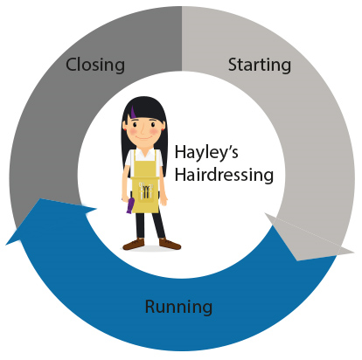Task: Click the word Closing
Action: pyautogui.click(x=95, y=65)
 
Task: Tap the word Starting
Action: pyautogui.click(x=260, y=65)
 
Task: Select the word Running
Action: pyautogui.click(x=178, y=307)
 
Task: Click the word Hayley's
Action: pyautogui.click(x=206, y=152)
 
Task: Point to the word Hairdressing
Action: pyautogui.click(x=224, y=175)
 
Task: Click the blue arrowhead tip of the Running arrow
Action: pyautogui.click(x=6, y=244)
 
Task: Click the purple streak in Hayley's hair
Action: pyautogui.click(x=133, y=112)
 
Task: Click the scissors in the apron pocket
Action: pyautogui.click(x=145, y=190)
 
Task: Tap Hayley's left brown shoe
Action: pyautogui.click(x=134, y=244)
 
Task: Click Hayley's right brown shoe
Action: pyautogui.click(x=170, y=244)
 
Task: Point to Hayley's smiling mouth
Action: pyautogui.click(x=143, y=137)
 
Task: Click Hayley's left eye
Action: pyautogui.click(x=135, y=125)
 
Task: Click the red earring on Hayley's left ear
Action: pyautogui.click(x=125, y=129)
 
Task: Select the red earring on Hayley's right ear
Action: pyautogui.click(x=163, y=129)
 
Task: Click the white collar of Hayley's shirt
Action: pyautogui.click(x=144, y=152)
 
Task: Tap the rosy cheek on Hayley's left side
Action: pyautogui.click(x=132, y=133)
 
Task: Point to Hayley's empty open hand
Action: pyautogui.click(x=164, y=200)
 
